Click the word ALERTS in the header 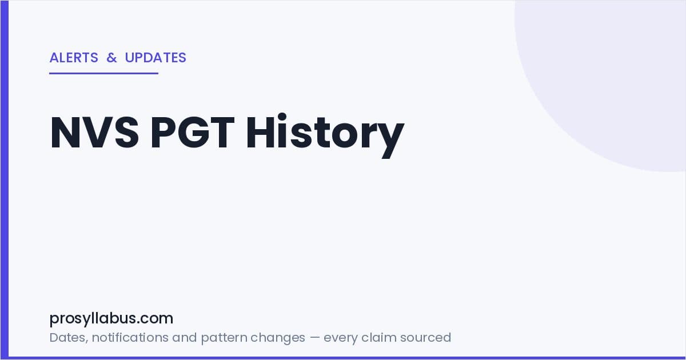[74, 58]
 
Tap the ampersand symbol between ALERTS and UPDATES [112, 58]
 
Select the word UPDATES [155, 58]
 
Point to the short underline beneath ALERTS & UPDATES [104, 73]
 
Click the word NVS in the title [95, 132]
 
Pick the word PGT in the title [193, 132]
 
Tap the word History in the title [325, 135]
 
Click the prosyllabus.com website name [111, 318]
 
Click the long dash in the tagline [314, 338]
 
